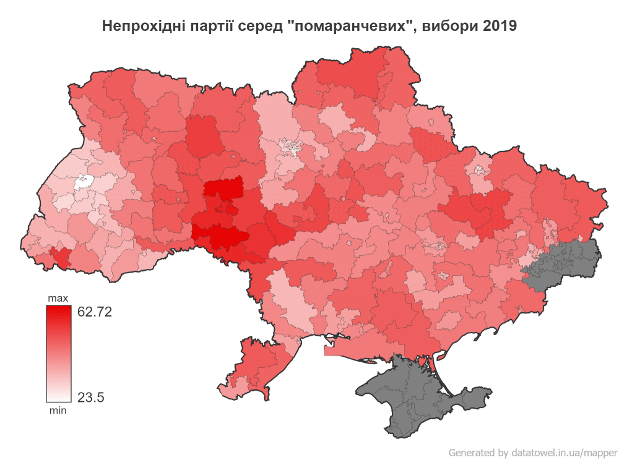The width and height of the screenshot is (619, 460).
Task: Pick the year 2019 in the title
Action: click(x=500, y=27)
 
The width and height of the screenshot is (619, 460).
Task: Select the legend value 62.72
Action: click(x=94, y=312)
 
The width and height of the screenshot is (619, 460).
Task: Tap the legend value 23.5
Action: click(x=90, y=397)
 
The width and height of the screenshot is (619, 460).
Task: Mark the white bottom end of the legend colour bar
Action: click(x=58, y=398)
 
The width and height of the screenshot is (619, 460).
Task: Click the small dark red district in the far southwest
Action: click(x=61, y=255)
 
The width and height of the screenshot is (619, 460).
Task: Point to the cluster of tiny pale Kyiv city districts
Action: click(x=291, y=147)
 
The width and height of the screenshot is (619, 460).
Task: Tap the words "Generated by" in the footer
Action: click(x=478, y=452)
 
